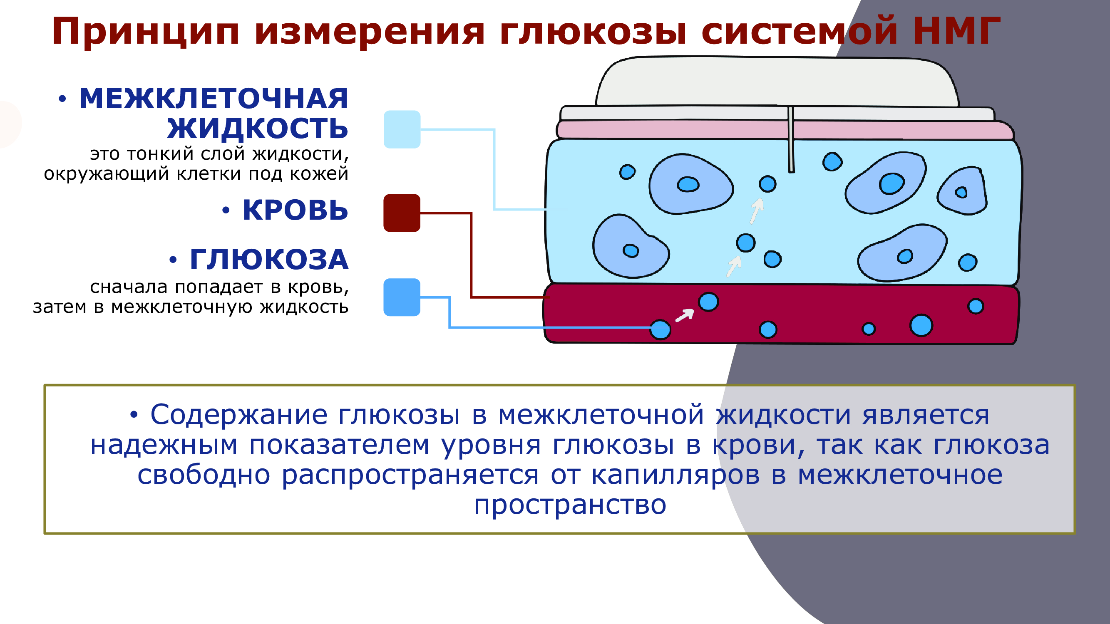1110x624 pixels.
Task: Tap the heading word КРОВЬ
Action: pos(295,210)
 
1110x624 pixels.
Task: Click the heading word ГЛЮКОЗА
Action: pos(269,260)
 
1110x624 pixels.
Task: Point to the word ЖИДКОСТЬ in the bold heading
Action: pos(258,128)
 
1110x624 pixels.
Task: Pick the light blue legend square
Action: pos(402,129)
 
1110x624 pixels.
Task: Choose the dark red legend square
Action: pos(402,213)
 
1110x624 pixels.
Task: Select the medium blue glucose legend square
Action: pos(402,297)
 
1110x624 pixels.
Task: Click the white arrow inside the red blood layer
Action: pos(684,315)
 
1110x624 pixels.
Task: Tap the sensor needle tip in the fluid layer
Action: pos(792,171)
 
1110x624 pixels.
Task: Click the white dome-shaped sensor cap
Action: pos(777,82)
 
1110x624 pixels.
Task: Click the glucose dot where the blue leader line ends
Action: pos(660,330)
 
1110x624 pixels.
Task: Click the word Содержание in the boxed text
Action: pos(239,415)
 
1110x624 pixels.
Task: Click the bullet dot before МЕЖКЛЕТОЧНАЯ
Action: pos(62,99)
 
